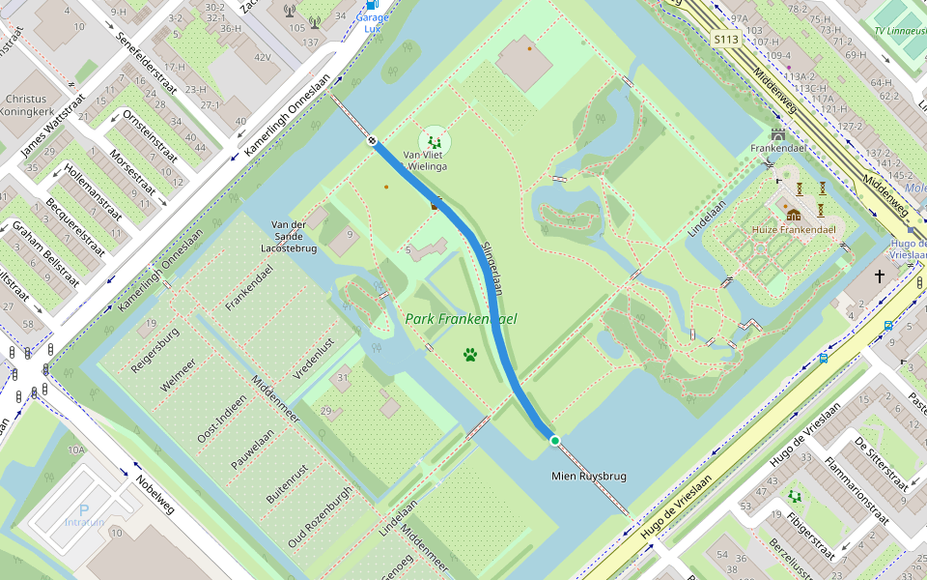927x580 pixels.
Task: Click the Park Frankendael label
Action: tap(462, 319)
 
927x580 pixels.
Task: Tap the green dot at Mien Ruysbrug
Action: tap(555, 441)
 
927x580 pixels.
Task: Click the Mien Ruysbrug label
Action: tap(589, 477)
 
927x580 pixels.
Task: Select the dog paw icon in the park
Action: tap(470, 355)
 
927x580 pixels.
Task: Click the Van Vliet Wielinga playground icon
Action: tap(435, 142)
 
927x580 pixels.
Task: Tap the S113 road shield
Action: tap(725, 40)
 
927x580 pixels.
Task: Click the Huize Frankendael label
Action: tap(794, 230)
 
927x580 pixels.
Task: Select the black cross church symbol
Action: tap(880, 277)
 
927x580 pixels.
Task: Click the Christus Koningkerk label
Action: tap(25, 104)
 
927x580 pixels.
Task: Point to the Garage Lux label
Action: tap(372, 23)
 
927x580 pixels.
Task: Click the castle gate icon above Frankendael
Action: tap(778, 133)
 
